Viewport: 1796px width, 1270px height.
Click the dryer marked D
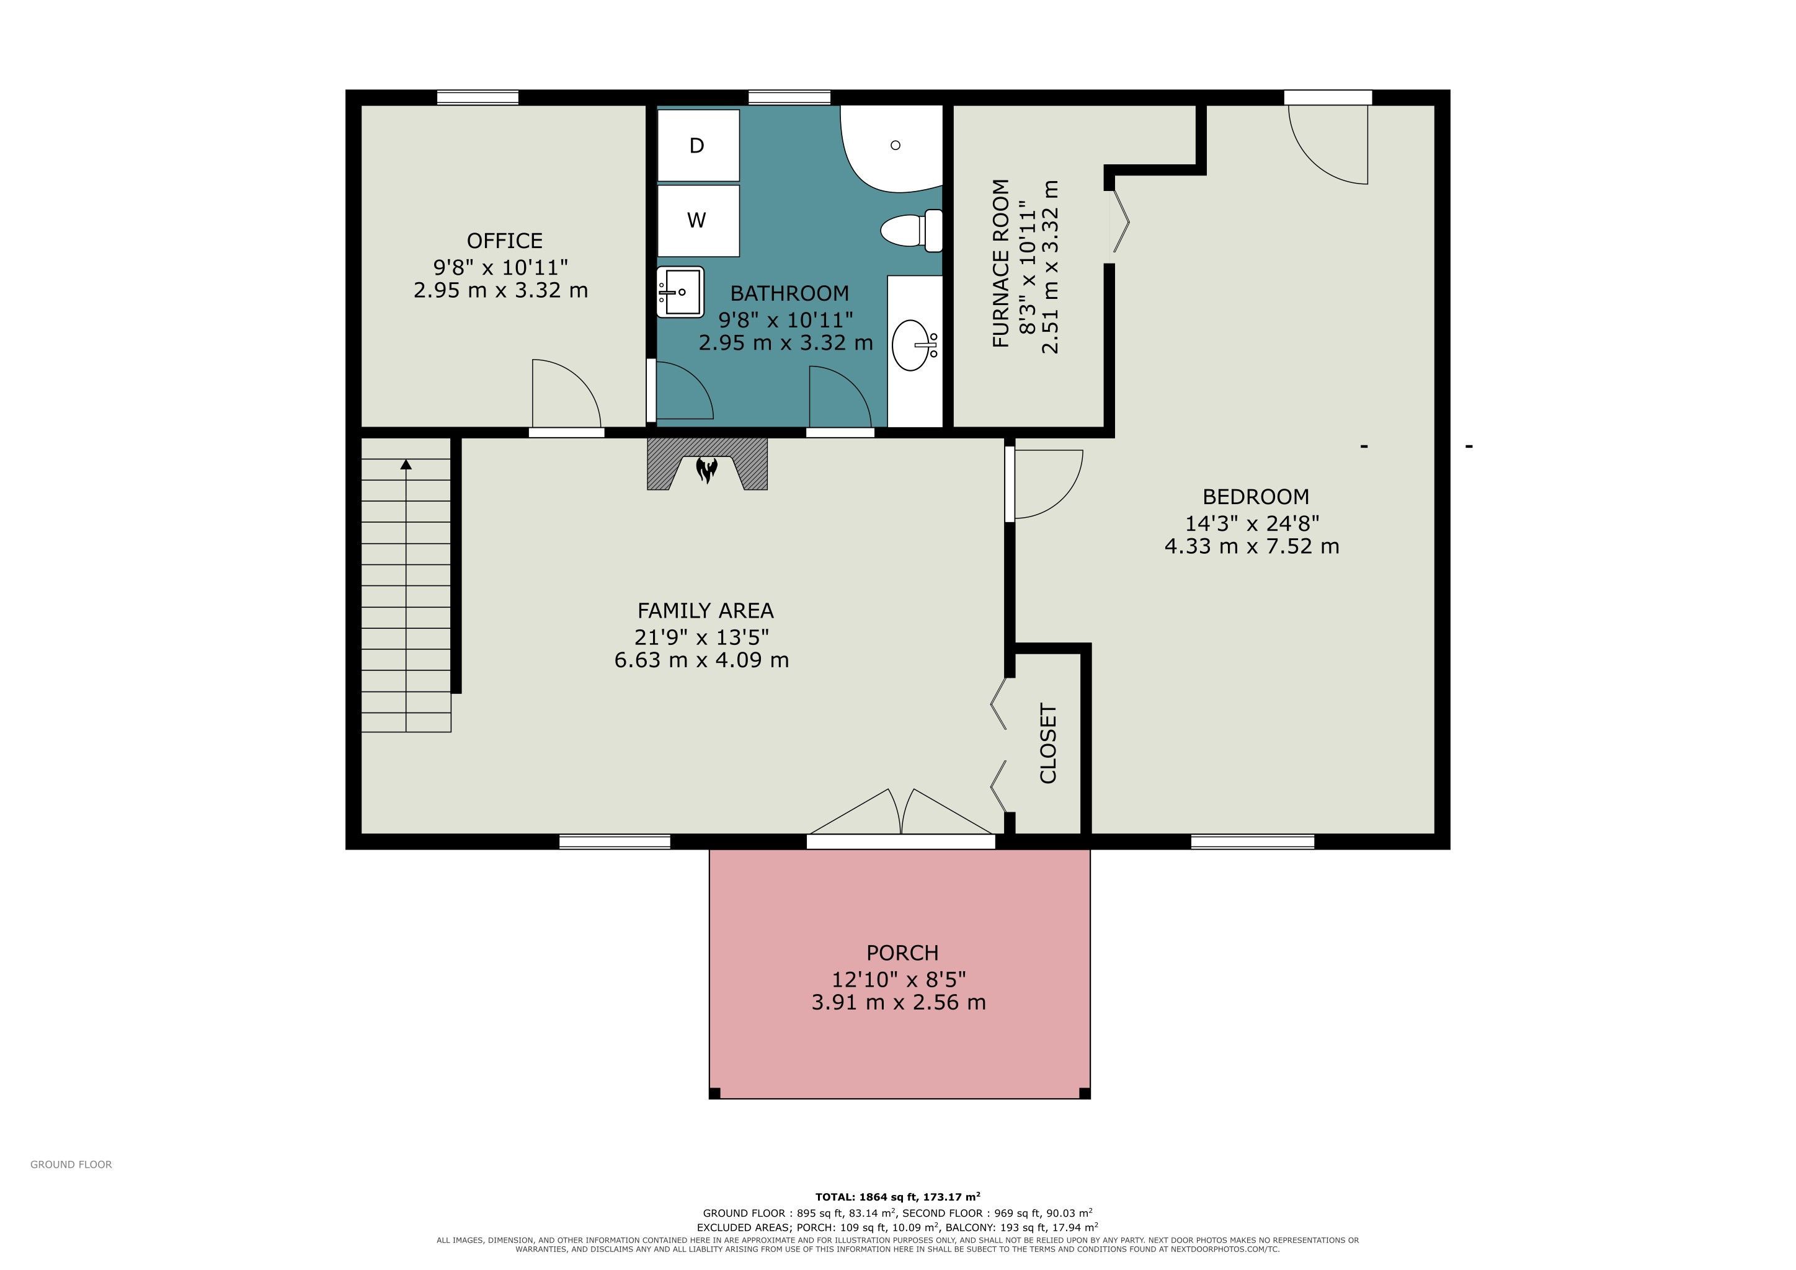pyautogui.click(x=698, y=146)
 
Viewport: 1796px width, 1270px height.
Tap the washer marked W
pyautogui.click(x=698, y=221)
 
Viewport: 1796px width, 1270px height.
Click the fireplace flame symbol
pyautogui.click(x=707, y=470)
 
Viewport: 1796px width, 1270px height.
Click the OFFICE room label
pyautogui.click(x=505, y=240)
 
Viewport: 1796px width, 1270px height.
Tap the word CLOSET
pyautogui.click(x=1048, y=744)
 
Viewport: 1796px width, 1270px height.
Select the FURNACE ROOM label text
pyautogui.click(x=1000, y=264)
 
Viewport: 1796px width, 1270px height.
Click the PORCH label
pyautogui.click(x=902, y=952)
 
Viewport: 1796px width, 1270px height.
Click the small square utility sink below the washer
pyautogui.click(x=680, y=291)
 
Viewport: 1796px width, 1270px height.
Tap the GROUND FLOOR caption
pyautogui.click(x=71, y=1165)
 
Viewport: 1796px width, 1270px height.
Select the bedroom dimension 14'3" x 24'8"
pyautogui.click(x=1252, y=522)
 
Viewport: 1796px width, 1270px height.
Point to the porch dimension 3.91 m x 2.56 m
pyautogui.click(x=898, y=1003)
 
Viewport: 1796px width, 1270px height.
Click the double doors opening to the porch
pyautogui.click(x=902, y=814)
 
